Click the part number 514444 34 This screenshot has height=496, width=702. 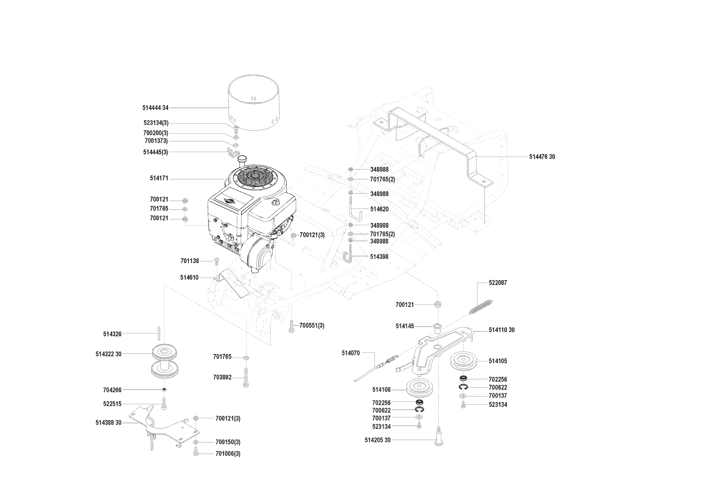click(x=155, y=108)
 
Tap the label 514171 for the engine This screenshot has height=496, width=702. click(x=159, y=179)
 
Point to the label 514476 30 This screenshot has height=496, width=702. click(x=542, y=157)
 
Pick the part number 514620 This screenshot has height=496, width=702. click(x=379, y=209)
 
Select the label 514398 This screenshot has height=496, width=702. click(x=379, y=257)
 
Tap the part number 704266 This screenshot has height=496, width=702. click(x=112, y=390)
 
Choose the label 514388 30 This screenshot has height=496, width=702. click(x=108, y=422)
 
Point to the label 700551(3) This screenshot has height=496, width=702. click(x=312, y=326)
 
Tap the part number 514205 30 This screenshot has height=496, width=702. click(x=378, y=440)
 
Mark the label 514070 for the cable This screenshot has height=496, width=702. click(x=351, y=353)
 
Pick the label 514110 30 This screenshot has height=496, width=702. click(x=502, y=330)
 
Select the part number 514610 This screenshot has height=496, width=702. click(x=189, y=277)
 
